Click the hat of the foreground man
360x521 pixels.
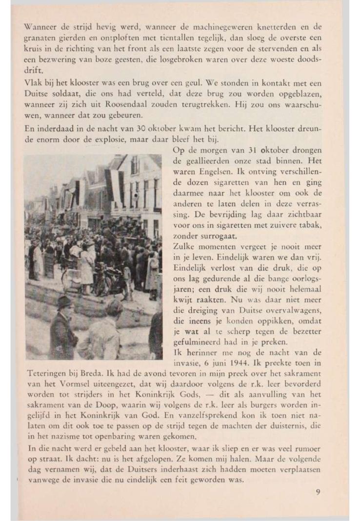coord(64,302)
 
